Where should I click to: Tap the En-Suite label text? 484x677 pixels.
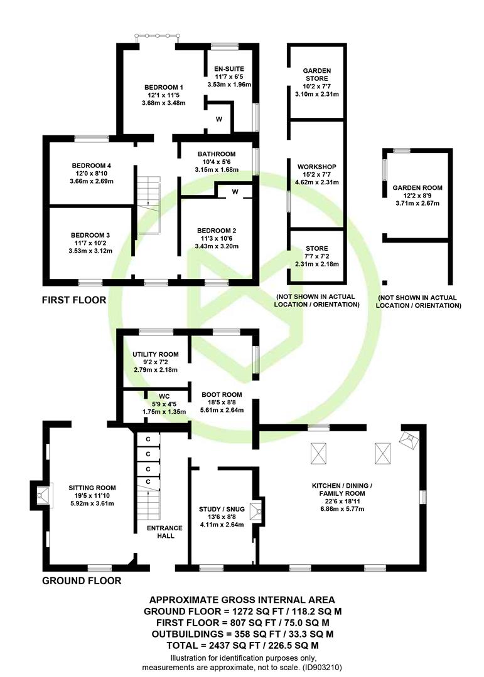click(229, 69)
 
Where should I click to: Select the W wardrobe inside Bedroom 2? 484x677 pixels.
click(235, 192)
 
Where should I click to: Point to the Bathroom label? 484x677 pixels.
click(217, 154)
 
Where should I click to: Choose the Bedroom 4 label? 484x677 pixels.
click(92, 165)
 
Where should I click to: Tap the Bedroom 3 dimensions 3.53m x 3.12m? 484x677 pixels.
click(90, 251)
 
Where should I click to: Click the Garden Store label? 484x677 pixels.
click(317, 74)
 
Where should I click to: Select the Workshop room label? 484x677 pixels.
click(317, 167)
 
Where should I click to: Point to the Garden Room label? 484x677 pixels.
click(417, 188)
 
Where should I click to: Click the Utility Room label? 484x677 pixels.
click(156, 354)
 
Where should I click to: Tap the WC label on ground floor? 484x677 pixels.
click(164, 396)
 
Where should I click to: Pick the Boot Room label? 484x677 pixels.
click(222, 395)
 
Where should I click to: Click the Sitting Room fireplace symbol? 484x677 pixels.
click(41, 495)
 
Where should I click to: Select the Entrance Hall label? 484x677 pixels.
click(165, 532)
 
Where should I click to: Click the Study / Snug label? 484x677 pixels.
click(222, 510)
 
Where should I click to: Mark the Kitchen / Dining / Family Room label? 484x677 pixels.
click(342, 490)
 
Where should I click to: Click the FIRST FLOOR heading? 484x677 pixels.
click(74, 300)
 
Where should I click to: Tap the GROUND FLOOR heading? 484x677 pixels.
click(82, 580)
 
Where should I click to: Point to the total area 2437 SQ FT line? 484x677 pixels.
click(243, 646)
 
